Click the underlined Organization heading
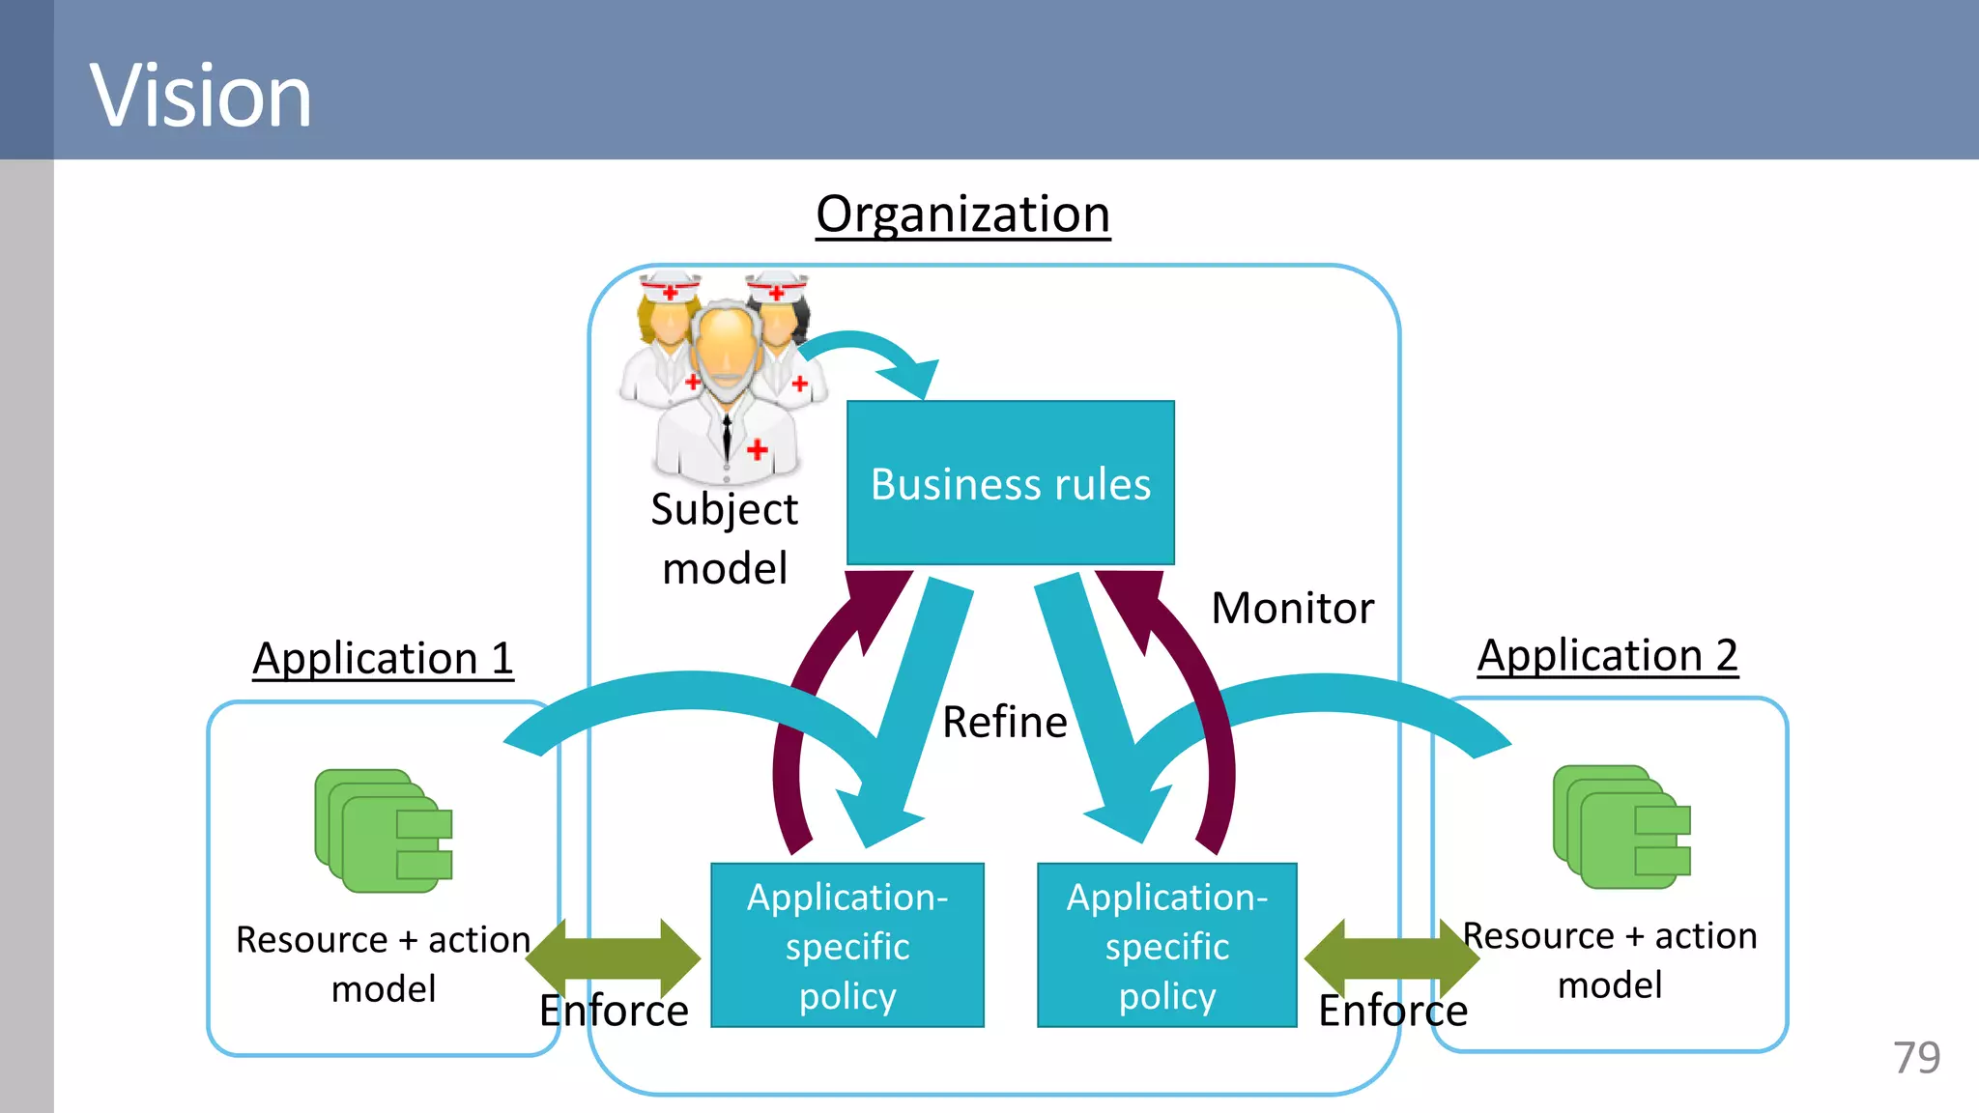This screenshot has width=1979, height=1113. (x=962, y=214)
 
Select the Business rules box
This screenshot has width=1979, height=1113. (x=1010, y=483)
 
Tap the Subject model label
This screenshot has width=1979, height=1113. (x=724, y=538)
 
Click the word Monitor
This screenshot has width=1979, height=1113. (x=1292, y=608)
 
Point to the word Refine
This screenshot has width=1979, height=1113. (x=1004, y=722)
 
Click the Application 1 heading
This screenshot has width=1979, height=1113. (x=383, y=659)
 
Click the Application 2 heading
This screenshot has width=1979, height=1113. (x=1607, y=655)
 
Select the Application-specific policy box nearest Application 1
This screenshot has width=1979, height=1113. (x=846, y=945)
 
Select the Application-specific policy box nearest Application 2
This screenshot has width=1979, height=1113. (x=1166, y=945)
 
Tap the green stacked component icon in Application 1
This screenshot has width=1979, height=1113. (x=383, y=830)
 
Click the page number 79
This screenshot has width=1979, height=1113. (x=1916, y=1058)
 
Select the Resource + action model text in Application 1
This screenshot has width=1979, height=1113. (x=383, y=963)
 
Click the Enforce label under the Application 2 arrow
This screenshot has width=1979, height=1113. (x=1392, y=1011)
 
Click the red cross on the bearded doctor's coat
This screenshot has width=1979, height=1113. (x=758, y=448)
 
